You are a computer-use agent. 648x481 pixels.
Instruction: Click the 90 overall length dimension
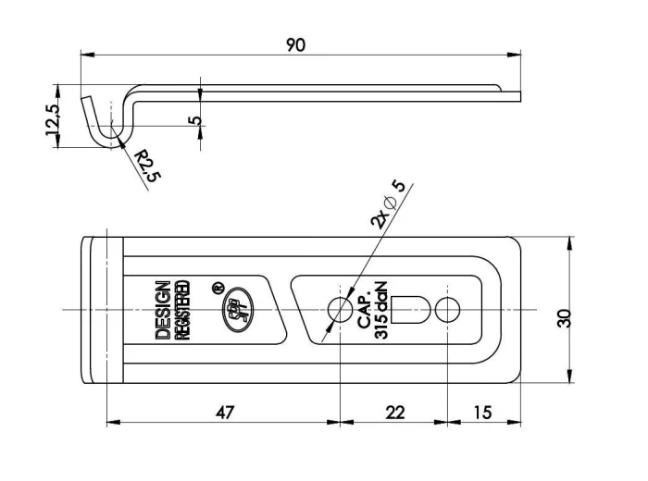click(x=295, y=44)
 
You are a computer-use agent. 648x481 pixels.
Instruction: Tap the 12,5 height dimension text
click(x=53, y=119)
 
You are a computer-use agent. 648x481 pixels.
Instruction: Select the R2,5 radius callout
click(x=147, y=166)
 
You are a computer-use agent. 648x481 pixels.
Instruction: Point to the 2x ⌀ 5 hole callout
click(x=387, y=205)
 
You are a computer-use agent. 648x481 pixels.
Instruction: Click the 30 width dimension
click(x=564, y=318)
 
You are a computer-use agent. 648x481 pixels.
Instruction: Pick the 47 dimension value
click(x=225, y=413)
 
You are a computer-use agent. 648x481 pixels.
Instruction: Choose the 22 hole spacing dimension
click(x=394, y=413)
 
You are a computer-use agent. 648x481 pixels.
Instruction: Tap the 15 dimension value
click(x=482, y=413)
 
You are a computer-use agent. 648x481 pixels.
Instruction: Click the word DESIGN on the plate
click(x=163, y=311)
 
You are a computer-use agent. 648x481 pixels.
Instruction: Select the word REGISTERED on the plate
click(x=182, y=311)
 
